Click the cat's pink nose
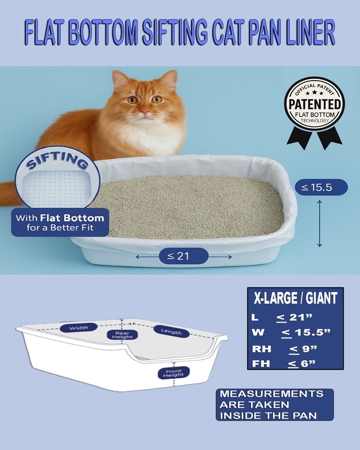(x=145, y=112)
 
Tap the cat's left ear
(x=120, y=79)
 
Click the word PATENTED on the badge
(x=315, y=104)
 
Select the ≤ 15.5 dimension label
(x=321, y=187)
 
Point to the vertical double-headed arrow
(x=320, y=223)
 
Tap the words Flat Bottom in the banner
(x=72, y=218)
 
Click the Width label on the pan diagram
(x=79, y=328)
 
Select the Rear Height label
(x=122, y=335)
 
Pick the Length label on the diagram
(x=171, y=331)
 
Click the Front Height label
(x=173, y=373)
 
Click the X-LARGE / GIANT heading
(x=296, y=298)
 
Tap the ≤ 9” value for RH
(x=303, y=349)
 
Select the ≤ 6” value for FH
(x=302, y=364)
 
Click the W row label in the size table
(x=258, y=332)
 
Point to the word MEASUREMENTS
(x=272, y=394)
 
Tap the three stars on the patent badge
(x=314, y=93)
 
